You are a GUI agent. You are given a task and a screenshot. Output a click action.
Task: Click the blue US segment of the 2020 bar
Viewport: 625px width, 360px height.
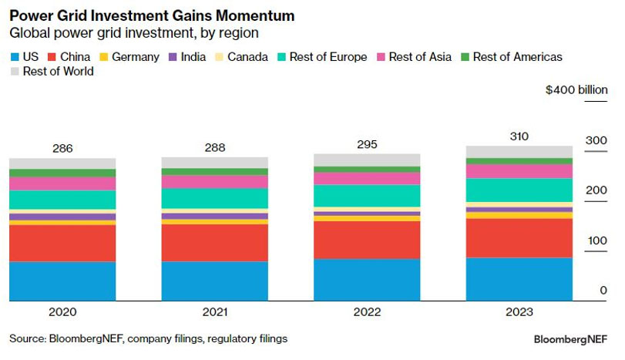[x=62, y=281]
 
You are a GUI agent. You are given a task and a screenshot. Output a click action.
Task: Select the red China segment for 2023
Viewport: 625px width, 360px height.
[x=519, y=237]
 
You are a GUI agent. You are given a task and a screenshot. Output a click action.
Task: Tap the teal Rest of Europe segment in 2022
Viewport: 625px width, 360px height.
[x=367, y=196]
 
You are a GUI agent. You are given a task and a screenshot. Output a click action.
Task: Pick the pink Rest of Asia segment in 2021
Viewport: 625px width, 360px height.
[x=214, y=181]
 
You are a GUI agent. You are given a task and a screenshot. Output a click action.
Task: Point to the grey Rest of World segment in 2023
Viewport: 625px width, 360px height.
[x=519, y=152]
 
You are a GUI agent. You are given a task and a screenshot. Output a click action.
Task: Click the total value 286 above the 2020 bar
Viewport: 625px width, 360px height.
[x=62, y=147]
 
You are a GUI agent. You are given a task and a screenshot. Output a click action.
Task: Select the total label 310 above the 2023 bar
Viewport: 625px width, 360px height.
[x=519, y=135]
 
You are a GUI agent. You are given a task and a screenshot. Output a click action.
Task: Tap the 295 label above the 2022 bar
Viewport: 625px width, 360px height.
[x=367, y=143]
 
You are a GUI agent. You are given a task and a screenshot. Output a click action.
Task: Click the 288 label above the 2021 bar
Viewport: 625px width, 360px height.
[x=214, y=146]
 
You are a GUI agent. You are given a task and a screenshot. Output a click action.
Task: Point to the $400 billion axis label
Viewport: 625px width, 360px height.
[x=576, y=90]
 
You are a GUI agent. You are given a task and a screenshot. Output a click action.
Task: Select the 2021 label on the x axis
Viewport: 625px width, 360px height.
[x=214, y=312]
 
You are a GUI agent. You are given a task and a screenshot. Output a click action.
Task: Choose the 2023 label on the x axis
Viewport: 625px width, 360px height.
[x=519, y=312]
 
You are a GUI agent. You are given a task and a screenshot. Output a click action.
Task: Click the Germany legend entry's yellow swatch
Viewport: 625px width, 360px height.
[x=106, y=57]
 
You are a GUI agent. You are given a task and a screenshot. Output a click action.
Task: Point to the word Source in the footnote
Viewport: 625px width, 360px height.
[x=27, y=338]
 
